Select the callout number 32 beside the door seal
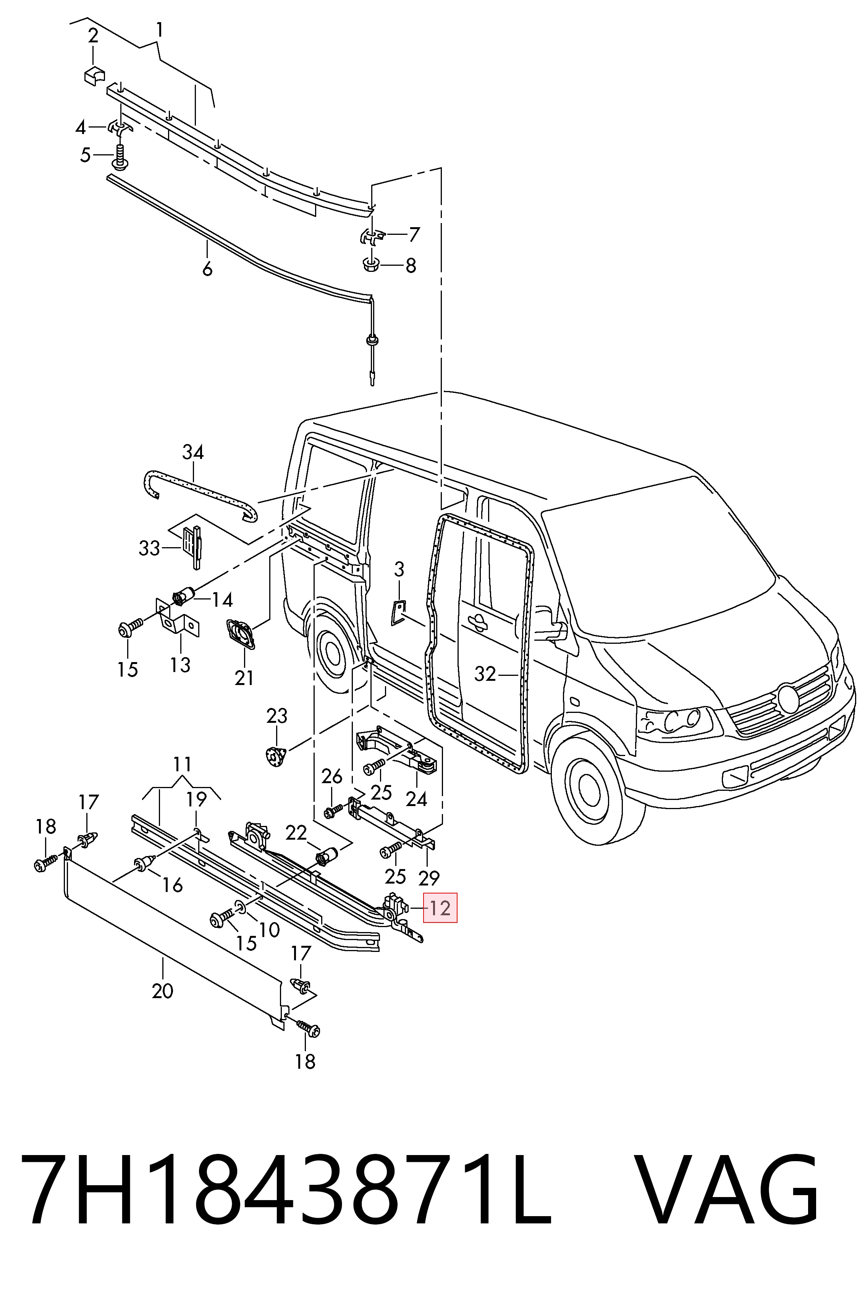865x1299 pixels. [485, 674]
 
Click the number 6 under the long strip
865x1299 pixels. [207, 269]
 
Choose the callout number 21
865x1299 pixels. [244, 678]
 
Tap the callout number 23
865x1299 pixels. [277, 716]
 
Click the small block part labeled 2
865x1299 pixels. [94, 76]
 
